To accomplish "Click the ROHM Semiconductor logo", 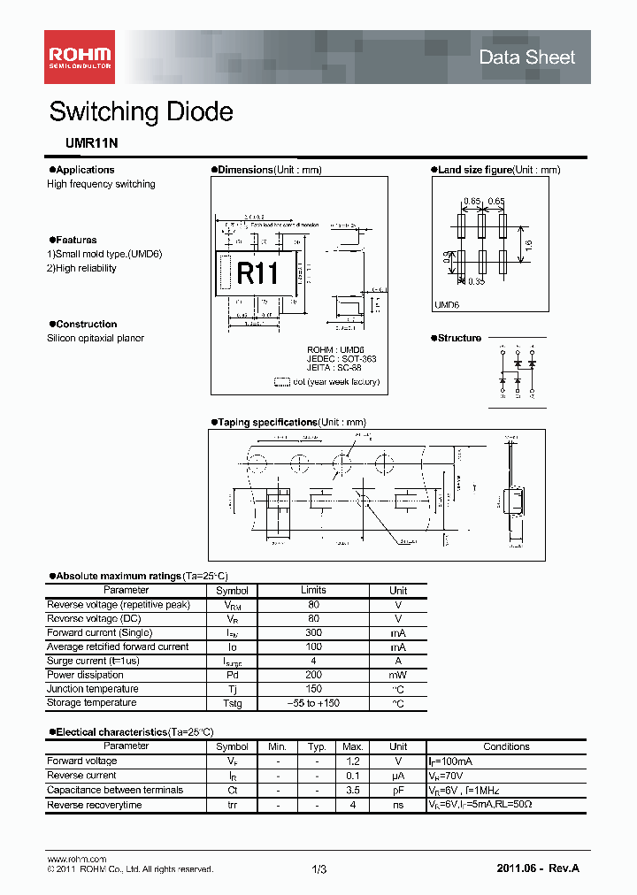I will (x=80, y=57).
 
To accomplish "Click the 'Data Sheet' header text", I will (x=526, y=57).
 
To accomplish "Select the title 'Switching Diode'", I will (x=141, y=112).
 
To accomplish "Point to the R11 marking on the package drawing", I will (x=257, y=273).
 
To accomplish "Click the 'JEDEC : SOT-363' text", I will (x=342, y=359).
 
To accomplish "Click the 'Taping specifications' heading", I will (x=267, y=422).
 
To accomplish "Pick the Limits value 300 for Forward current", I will (x=313, y=633).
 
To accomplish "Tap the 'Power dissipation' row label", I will (x=85, y=675).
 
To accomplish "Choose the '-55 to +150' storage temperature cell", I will (x=313, y=703).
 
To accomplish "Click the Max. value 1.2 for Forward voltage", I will (x=353, y=761).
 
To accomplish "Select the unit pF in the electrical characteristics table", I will (x=398, y=791).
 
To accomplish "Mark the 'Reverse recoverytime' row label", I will (x=94, y=805).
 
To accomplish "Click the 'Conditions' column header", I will (x=506, y=746).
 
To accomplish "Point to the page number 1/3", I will (x=319, y=870).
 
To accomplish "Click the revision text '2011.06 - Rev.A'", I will (x=538, y=870).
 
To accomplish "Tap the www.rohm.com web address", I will (x=76, y=859).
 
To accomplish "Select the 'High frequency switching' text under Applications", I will (x=101, y=184).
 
